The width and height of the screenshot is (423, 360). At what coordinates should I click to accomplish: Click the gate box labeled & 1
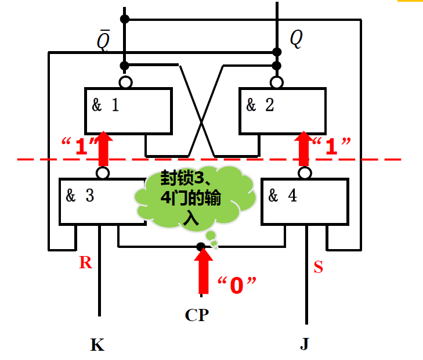click(128, 110)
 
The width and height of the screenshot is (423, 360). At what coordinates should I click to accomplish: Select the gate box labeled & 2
click(283, 110)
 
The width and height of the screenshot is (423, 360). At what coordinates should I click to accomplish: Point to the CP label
click(197, 315)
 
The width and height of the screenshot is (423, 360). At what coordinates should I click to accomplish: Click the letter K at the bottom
click(97, 345)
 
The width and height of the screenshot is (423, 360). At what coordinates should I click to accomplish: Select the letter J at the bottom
click(305, 345)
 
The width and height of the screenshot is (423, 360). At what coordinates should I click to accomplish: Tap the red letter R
click(86, 263)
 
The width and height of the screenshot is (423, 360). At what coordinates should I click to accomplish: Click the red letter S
click(318, 268)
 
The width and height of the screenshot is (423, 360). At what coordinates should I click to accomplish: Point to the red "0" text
click(237, 285)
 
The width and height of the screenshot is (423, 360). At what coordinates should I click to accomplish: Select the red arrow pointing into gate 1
click(103, 148)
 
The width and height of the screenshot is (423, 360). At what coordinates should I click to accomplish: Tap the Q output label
click(296, 39)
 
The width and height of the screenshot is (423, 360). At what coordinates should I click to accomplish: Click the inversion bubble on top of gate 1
click(125, 82)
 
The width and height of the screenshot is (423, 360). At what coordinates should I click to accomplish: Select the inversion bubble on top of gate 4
click(305, 173)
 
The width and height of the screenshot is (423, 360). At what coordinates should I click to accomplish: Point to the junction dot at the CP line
click(200, 247)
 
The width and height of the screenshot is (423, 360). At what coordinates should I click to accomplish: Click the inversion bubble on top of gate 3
click(103, 173)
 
